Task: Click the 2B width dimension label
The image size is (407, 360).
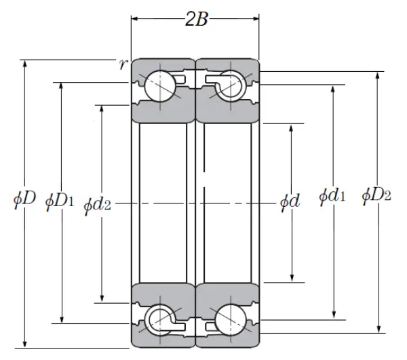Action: tap(195, 19)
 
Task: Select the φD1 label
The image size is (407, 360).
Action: tap(59, 201)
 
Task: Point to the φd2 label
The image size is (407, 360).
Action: tap(97, 205)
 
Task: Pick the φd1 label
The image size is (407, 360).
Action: tap(332, 197)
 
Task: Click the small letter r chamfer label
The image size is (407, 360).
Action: tap(122, 64)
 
